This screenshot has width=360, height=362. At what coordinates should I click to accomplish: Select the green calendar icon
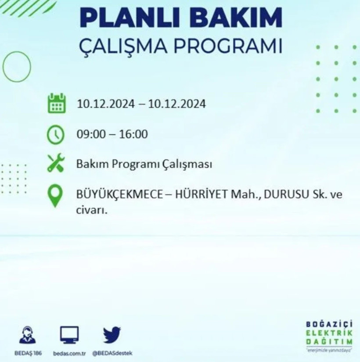click(56, 104)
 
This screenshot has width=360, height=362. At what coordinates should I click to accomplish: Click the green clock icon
click(56, 134)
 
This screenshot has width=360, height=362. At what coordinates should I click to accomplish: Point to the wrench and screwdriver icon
click(56, 165)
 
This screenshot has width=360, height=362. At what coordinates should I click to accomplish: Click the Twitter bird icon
click(112, 335)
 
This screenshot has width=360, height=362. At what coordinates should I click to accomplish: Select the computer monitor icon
click(69, 335)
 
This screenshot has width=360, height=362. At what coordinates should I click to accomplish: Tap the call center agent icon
click(29, 335)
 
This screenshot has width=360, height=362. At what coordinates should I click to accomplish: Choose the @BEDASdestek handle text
click(112, 353)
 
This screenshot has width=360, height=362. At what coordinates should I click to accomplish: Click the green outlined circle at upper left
click(17, 67)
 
